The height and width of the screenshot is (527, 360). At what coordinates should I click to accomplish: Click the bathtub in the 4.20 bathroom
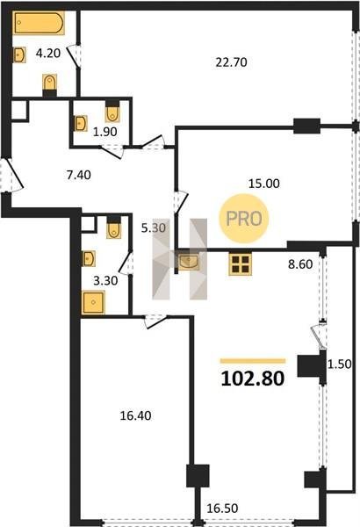click(x=39, y=23)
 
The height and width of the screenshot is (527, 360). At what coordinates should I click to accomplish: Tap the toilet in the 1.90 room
click(x=112, y=112)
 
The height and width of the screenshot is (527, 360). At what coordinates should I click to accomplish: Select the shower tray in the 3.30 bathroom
click(x=93, y=302)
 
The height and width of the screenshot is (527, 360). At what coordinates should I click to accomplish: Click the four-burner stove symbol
click(x=241, y=263)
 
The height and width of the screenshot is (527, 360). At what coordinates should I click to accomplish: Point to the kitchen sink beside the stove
click(x=189, y=262)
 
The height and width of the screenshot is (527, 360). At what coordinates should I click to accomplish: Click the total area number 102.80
click(x=253, y=379)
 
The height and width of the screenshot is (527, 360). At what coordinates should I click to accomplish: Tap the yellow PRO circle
click(x=244, y=219)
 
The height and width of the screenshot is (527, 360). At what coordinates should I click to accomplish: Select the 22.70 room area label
click(x=231, y=62)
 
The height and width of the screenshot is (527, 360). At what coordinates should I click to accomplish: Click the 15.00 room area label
click(x=264, y=184)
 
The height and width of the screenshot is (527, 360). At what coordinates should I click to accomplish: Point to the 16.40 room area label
click(x=136, y=415)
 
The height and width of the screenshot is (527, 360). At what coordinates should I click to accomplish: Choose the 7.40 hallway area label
click(x=79, y=175)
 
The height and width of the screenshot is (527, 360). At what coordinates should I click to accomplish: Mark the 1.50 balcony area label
click(x=340, y=364)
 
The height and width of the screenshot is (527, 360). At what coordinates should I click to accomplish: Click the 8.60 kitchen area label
click(x=300, y=264)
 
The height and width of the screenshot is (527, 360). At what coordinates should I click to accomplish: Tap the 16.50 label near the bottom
click(x=222, y=508)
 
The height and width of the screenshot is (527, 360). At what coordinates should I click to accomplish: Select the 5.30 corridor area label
click(x=154, y=228)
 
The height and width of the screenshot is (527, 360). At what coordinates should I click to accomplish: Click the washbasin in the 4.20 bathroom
click(x=19, y=54)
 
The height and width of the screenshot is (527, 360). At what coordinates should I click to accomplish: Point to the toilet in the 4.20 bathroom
click(x=50, y=85)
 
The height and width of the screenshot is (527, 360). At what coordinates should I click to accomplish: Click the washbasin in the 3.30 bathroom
click(x=89, y=258)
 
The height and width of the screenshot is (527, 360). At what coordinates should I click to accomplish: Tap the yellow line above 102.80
click(x=253, y=361)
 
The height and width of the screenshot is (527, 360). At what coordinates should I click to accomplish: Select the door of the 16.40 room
click(x=155, y=321)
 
